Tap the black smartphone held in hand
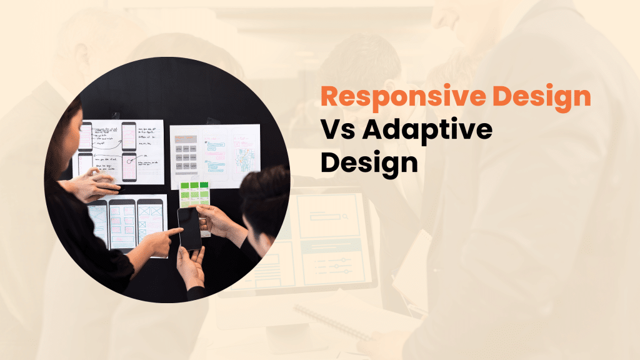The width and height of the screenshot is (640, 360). coord(189,227)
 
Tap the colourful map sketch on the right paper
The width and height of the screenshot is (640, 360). coord(244,154)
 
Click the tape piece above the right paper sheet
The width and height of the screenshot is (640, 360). coord(212,122)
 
